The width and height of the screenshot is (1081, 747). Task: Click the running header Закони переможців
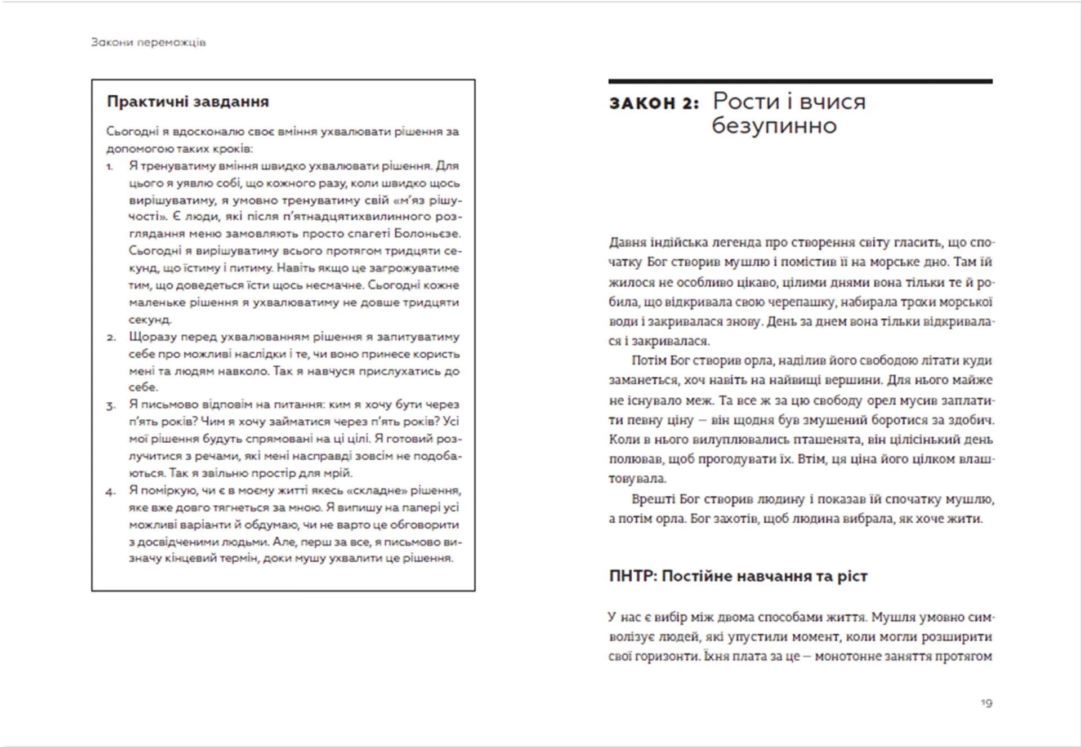[x=149, y=42]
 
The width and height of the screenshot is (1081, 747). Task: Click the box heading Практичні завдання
[x=187, y=102]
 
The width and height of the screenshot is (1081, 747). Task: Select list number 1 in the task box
[x=110, y=167]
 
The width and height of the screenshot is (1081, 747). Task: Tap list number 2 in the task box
[x=111, y=338]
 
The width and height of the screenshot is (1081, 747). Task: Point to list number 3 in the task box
[x=111, y=406]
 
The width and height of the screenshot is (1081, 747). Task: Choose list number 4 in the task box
[x=110, y=492]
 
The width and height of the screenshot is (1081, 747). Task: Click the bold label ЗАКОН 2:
[x=654, y=103]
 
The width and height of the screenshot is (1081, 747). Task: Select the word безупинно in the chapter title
[x=774, y=126]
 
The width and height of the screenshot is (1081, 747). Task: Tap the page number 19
[x=986, y=702]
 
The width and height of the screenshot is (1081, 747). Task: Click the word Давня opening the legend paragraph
[x=627, y=243]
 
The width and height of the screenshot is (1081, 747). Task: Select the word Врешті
[x=653, y=499]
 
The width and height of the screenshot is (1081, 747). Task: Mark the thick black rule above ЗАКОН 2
[x=800, y=82]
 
